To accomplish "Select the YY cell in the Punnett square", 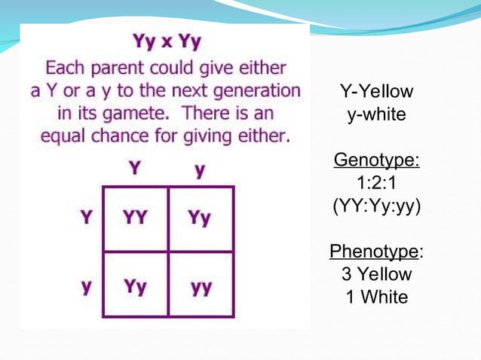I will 136,218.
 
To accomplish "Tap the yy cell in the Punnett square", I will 201,287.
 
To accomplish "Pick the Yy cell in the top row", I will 201,218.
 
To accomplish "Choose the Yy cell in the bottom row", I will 136,287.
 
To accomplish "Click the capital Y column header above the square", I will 135,167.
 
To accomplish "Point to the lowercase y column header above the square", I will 200,169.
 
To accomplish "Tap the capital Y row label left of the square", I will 87,218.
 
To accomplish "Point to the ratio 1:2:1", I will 376,183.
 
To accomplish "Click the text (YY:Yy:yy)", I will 376,206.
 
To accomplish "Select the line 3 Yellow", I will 376,273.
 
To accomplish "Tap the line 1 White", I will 376,297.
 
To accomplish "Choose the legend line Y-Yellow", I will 376,93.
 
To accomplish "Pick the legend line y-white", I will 376,115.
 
